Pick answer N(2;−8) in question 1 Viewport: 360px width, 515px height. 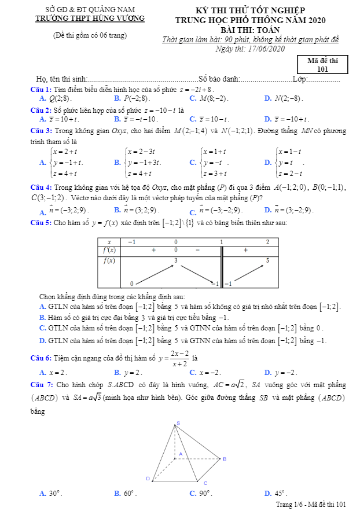pyautogui.click(x=288, y=99)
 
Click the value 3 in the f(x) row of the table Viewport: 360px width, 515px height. pyautogui.click(x=176, y=262)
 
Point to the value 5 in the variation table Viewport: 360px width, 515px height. pyautogui.click(x=267, y=262)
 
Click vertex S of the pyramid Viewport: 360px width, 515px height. pyautogui.click(x=178, y=424)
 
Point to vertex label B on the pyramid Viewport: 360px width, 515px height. pyautogui.click(x=225, y=459)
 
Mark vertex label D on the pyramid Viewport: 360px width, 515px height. pyautogui.click(x=148, y=479)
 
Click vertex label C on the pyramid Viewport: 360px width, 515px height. pyautogui.click(x=205, y=482)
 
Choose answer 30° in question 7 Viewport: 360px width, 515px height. pyautogui.click(x=55, y=494)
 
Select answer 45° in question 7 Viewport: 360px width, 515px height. pyautogui.click(x=281, y=494)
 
